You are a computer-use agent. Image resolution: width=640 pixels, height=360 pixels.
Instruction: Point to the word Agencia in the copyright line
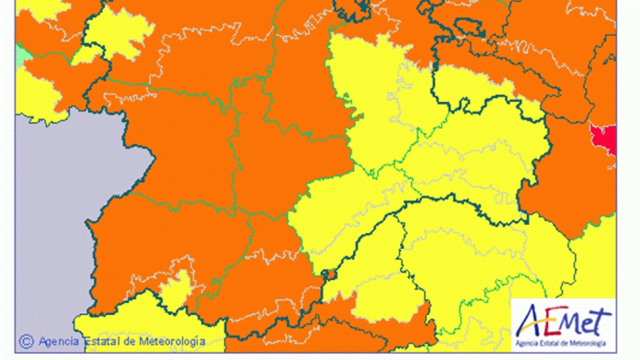click(58, 342)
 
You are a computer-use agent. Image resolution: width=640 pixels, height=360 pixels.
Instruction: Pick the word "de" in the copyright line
click(128, 342)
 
